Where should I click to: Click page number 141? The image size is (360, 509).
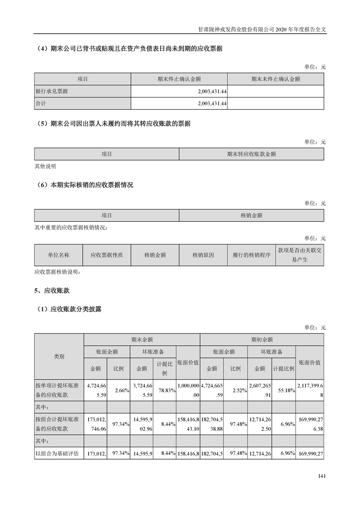pyautogui.click(x=321, y=476)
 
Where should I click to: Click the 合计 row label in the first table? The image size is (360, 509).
pyautogui.click(x=41, y=103)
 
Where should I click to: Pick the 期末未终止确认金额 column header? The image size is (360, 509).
pyautogui.click(x=276, y=79)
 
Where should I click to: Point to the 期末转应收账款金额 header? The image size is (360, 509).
pyautogui.click(x=252, y=154)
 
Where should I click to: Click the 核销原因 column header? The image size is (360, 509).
pyautogui.click(x=203, y=255)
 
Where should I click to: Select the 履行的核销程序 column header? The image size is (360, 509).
pyautogui.click(x=251, y=255)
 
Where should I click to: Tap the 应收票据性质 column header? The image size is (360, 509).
pyautogui.click(x=107, y=255)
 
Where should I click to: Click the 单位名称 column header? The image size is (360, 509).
pyautogui.click(x=59, y=255)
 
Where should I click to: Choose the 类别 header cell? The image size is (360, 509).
pyautogui.click(x=59, y=357)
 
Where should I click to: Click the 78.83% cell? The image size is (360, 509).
pyautogui.click(x=165, y=390)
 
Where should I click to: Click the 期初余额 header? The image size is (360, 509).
pyautogui.click(x=262, y=339)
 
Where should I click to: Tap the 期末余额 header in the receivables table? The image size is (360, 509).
pyautogui.click(x=142, y=339)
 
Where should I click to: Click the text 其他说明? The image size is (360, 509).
pyautogui.click(x=45, y=166)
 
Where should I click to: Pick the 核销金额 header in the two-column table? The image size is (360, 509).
pyautogui.click(x=252, y=215)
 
